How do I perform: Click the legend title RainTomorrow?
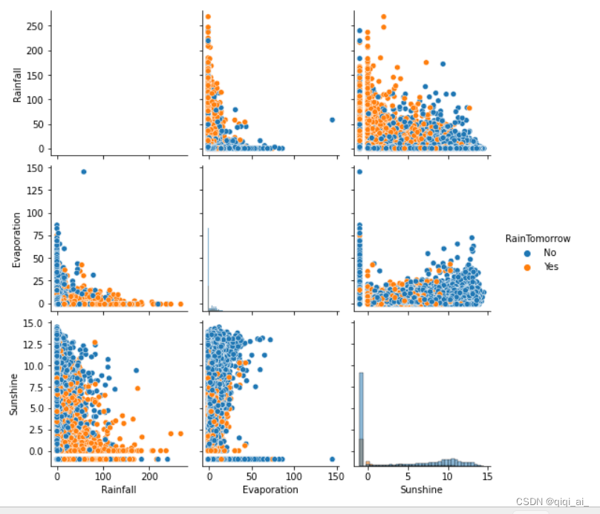pyautogui.click(x=538, y=239)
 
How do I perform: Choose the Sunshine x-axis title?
pyautogui.click(x=421, y=490)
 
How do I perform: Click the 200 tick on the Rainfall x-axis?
pyautogui.click(x=150, y=475)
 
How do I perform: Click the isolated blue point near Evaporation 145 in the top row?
pyautogui.click(x=332, y=119)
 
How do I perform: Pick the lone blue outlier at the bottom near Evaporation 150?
pyautogui.click(x=332, y=459)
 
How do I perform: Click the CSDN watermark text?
pyautogui.click(x=546, y=501)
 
